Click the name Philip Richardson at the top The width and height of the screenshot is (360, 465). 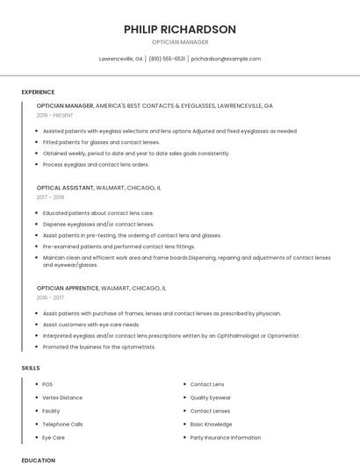tap(180, 29)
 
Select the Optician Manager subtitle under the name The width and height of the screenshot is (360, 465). tap(180, 41)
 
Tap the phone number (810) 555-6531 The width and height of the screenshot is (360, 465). tap(167, 59)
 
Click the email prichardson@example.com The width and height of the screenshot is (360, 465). tap(226, 59)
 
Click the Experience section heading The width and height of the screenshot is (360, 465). tap(38, 92)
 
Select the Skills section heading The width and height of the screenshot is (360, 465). tap(31, 368)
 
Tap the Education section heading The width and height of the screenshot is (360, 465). tap(38, 460)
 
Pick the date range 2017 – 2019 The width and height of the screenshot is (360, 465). tap(50, 197)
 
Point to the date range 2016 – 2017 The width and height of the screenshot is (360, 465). tap(50, 297)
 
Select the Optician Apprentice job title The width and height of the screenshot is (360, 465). tap(68, 287)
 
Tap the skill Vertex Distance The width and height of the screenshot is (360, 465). tap(62, 397)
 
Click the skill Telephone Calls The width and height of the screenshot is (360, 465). tap(61, 424)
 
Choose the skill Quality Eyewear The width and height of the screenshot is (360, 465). tap(212, 397)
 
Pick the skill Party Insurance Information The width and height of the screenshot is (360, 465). tap(226, 437)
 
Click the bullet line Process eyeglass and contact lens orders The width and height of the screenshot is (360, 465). tap(96, 164)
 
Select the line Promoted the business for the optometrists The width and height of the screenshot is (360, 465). tap(99, 347)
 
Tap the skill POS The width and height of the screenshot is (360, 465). tap(47, 384)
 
